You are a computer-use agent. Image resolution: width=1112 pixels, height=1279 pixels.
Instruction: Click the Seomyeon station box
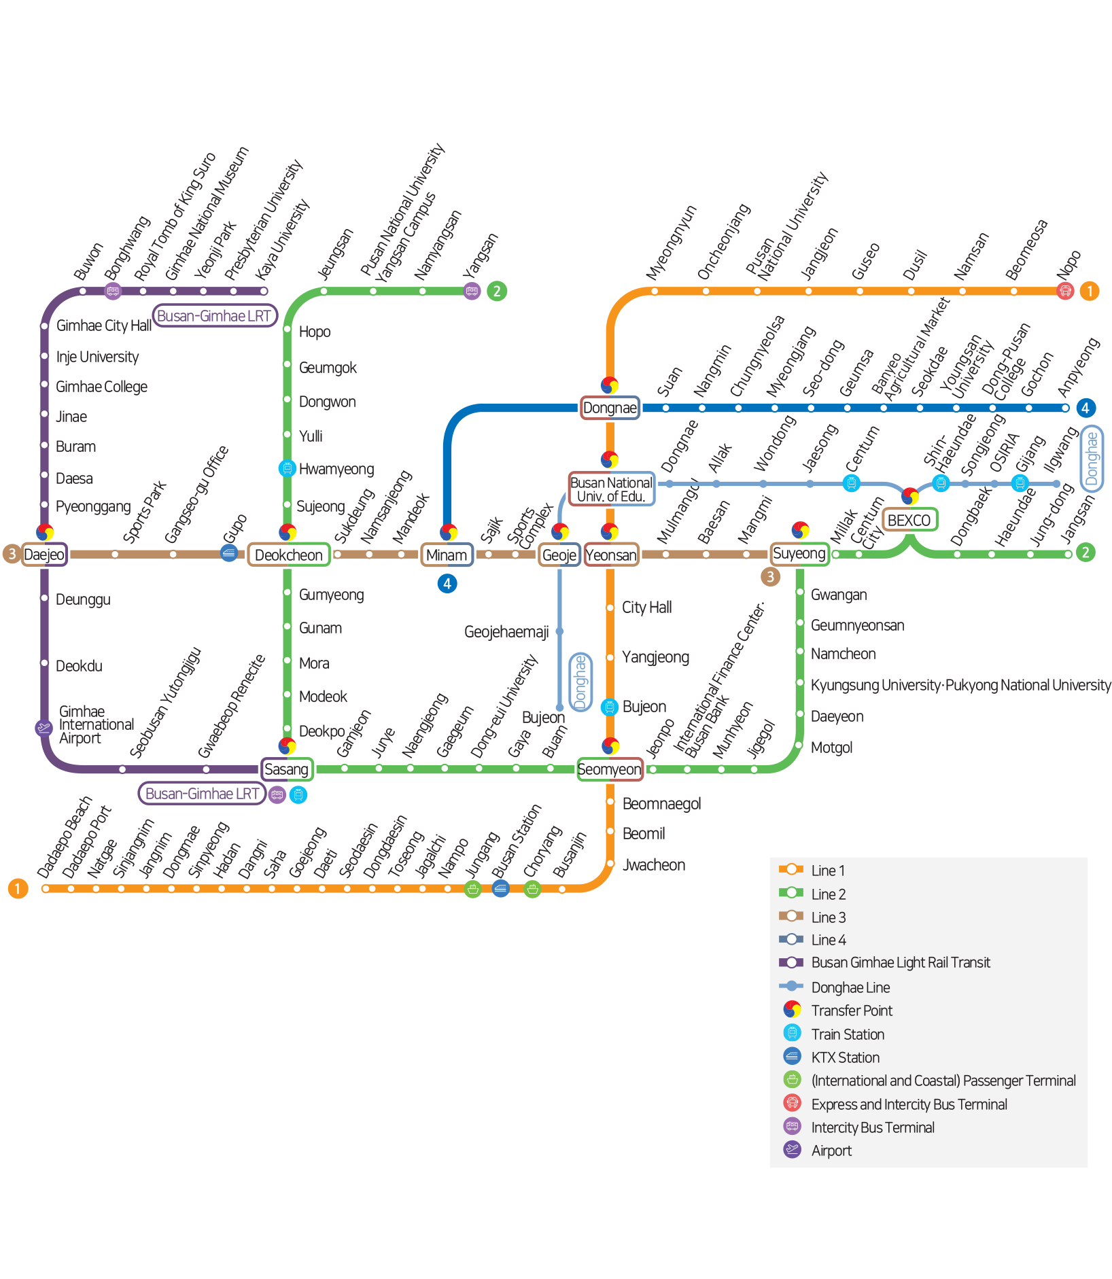(x=610, y=769)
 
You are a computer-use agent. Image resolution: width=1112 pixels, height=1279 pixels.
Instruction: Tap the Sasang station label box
(x=287, y=769)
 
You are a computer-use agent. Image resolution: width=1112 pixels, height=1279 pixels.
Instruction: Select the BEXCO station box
(x=909, y=520)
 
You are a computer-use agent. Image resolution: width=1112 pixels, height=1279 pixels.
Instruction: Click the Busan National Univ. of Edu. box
(x=611, y=489)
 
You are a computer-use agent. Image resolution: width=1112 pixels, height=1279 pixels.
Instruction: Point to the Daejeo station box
(x=44, y=555)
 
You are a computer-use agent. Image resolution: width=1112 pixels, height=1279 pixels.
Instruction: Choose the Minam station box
(x=447, y=555)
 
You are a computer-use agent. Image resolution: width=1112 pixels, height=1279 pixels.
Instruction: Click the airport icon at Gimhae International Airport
(x=44, y=729)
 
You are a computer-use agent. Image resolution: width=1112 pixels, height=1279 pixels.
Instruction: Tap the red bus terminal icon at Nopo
(x=1065, y=291)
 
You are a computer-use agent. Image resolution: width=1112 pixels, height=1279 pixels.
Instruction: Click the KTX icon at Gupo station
(x=229, y=553)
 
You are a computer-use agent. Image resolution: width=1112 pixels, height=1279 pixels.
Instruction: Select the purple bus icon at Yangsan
(x=472, y=291)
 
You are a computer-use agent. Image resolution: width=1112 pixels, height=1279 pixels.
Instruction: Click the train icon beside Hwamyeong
(x=288, y=468)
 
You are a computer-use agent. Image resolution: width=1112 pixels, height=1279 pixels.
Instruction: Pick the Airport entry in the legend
(x=831, y=1151)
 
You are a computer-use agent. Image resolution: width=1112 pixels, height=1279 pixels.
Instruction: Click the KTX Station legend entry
(x=845, y=1057)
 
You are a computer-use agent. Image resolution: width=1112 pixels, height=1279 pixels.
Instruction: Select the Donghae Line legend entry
(x=850, y=987)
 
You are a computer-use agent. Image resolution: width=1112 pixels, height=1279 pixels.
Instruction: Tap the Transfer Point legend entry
(x=851, y=1011)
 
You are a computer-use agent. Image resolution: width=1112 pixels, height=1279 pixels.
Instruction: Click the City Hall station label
(x=646, y=608)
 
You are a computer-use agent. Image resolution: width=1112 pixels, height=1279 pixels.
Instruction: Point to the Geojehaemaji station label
(x=506, y=632)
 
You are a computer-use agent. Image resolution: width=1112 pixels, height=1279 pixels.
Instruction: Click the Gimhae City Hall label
(x=103, y=326)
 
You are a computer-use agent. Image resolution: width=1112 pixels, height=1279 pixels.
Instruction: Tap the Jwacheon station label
(x=653, y=865)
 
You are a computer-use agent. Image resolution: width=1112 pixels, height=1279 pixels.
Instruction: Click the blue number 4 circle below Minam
(x=447, y=583)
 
